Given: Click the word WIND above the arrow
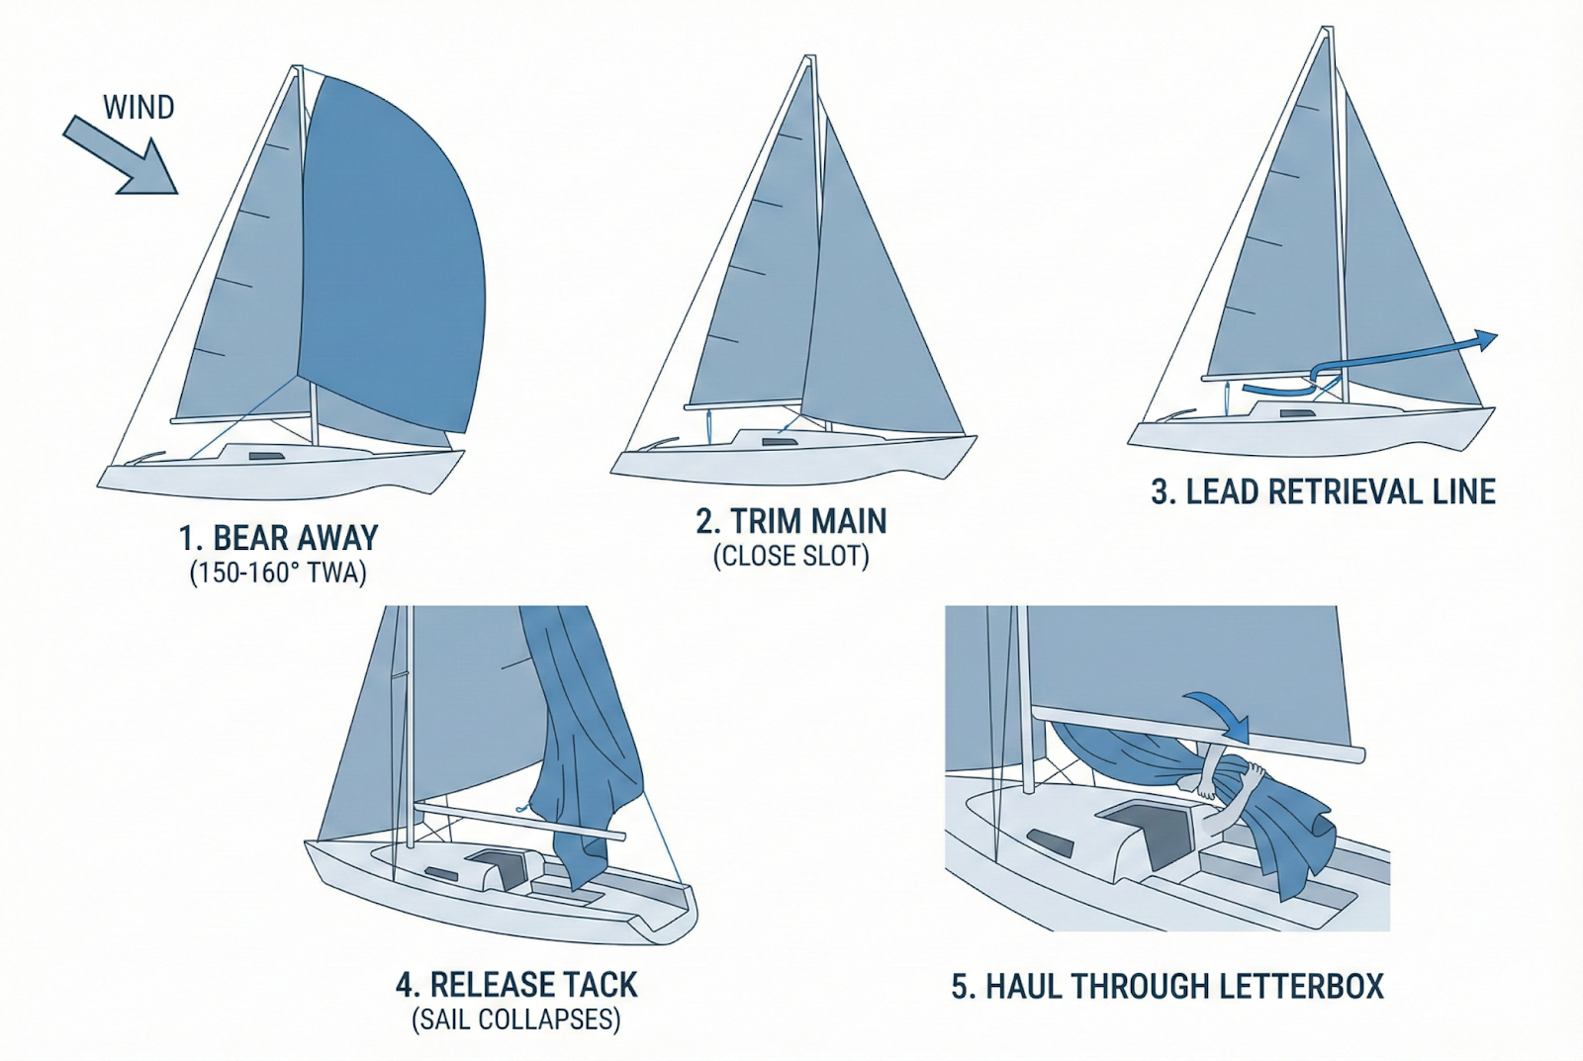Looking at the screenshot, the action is pos(139,108).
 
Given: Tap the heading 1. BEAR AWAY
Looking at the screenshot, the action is pos(278,538).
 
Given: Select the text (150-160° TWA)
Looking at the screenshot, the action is pos(278,573).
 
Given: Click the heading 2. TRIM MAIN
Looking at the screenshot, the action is pos(791,521).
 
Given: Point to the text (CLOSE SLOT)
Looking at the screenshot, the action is pos(791,557).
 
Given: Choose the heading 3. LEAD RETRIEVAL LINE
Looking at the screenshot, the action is pos(1323,491).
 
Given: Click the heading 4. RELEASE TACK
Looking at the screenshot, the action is pos(516,985).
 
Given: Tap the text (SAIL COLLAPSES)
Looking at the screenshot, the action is pos(516,1019).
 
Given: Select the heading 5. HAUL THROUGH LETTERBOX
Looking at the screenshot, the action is pos(1167,987).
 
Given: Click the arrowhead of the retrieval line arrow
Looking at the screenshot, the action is pos(1485,340).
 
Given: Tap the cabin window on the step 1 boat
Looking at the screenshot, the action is pos(266,456).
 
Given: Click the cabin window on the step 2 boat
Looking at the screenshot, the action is pos(780,442).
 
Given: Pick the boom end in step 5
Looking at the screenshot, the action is pos(1356,754).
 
